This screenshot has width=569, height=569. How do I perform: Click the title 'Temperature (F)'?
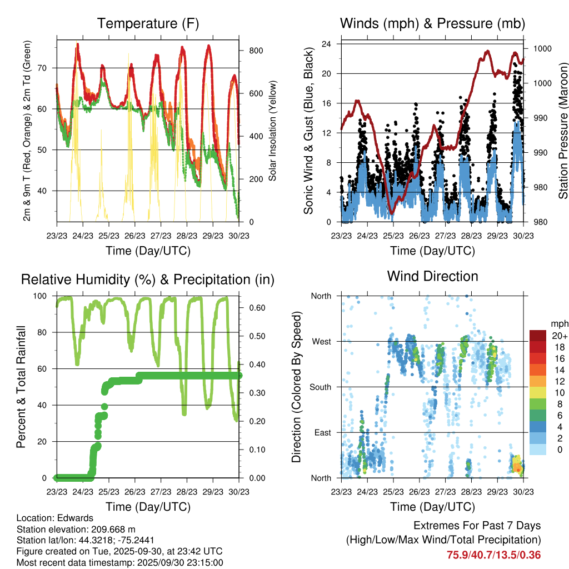148,23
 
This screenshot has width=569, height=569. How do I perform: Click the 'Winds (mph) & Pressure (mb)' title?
432,23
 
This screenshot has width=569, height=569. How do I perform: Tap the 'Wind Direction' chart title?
432,276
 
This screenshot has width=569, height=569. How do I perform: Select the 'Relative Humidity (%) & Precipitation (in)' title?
148,279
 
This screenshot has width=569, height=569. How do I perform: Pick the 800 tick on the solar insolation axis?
256,51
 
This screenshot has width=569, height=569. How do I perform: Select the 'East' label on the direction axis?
322,432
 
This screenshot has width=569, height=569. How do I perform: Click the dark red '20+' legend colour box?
538,336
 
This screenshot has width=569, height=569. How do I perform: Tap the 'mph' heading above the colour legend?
558,323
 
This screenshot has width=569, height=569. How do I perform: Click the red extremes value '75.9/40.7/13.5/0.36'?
493,555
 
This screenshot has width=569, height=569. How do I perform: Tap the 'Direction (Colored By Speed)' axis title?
297,387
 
